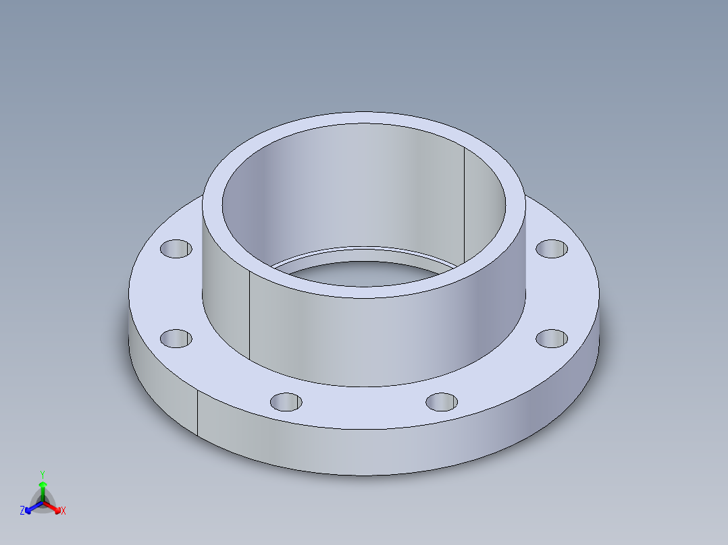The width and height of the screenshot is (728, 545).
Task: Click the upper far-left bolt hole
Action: [176, 249]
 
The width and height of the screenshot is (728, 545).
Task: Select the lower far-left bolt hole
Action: [176, 338]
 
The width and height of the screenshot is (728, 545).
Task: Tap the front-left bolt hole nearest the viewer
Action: [286, 402]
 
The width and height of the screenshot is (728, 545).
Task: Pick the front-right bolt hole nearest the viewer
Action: [442, 402]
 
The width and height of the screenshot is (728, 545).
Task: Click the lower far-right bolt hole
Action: [552, 338]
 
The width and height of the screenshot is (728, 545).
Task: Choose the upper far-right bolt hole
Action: [552, 248]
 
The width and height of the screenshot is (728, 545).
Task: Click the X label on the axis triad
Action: [63, 511]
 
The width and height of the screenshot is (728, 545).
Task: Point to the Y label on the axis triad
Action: [42, 474]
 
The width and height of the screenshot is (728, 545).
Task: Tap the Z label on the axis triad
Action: [22, 511]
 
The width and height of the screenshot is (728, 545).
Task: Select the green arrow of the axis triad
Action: [42, 487]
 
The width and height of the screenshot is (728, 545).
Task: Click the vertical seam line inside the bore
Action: [464, 202]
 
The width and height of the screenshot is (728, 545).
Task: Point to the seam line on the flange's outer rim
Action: [197, 413]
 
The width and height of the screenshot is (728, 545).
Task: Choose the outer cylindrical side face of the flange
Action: [365, 452]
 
